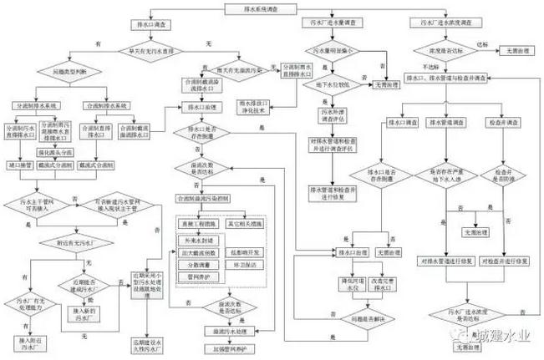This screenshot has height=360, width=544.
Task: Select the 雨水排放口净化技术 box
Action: point(271,107)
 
